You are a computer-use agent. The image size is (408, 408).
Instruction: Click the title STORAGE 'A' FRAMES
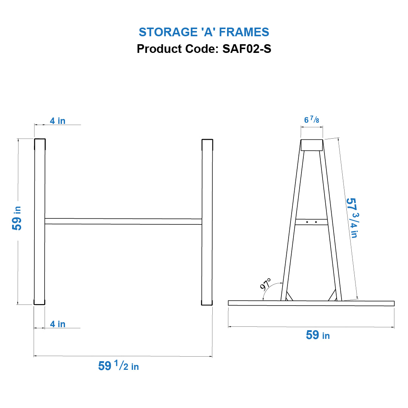click(204, 32)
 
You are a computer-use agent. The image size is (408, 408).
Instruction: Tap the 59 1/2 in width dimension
click(118, 366)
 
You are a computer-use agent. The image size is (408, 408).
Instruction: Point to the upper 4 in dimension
click(57, 121)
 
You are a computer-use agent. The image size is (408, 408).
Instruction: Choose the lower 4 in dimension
click(57, 324)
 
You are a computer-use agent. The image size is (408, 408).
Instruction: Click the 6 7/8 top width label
click(312, 120)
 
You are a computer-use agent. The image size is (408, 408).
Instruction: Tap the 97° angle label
click(266, 284)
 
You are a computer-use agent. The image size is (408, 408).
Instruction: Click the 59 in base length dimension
click(317, 335)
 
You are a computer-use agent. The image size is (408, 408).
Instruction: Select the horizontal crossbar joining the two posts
click(123, 221)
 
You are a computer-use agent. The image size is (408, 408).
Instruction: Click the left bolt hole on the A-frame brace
click(307, 222)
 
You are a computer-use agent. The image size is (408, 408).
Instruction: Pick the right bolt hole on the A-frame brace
click(316, 222)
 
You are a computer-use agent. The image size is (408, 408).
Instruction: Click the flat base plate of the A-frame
click(311, 303)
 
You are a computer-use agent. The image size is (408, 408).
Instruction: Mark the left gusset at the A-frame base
click(289, 297)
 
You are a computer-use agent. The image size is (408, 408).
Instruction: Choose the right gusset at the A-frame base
click(333, 296)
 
